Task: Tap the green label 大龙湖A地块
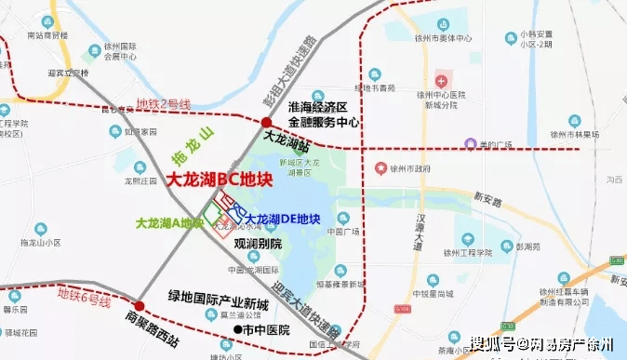point(169,223)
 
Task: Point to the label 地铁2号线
point(163,103)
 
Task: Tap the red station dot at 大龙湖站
point(267,123)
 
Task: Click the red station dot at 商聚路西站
point(140,305)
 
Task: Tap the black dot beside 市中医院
point(236,329)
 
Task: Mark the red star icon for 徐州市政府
point(380,168)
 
